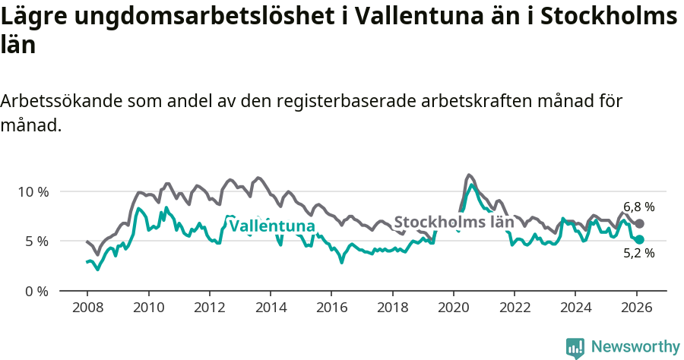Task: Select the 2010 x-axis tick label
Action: click(x=148, y=308)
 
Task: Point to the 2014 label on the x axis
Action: click(x=271, y=308)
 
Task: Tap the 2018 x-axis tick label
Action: click(x=392, y=308)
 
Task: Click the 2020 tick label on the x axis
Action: click(x=454, y=308)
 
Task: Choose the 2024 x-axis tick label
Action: click(x=575, y=308)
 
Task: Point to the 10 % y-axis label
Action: click(x=33, y=191)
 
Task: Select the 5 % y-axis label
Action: click(x=36, y=242)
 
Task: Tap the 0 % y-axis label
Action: click(x=36, y=291)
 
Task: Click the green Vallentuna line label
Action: click(x=272, y=226)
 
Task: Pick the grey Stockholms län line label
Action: click(x=454, y=223)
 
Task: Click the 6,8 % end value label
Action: click(x=638, y=207)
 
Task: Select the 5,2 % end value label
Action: click(x=638, y=254)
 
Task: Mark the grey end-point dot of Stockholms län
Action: click(x=639, y=223)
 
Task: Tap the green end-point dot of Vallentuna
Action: click(x=639, y=239)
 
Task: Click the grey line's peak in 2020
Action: click(x=469, y=175)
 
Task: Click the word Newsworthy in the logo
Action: click(x=635, y=347)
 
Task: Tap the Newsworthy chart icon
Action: click(x=575, y=348)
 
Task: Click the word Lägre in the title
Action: click(x=33, y=17)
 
